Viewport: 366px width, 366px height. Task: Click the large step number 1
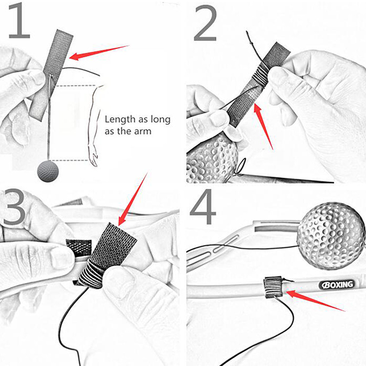[20, 20]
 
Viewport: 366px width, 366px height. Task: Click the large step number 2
[205, 23]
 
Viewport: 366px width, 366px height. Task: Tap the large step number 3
[14, 207]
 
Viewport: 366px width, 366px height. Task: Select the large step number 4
[203, 207]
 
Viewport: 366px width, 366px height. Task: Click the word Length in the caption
[120, 119]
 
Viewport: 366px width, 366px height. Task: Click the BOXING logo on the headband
[337, 285]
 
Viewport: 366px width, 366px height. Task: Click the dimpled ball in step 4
[331, 236]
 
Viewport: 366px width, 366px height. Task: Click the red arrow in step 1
[99, 53]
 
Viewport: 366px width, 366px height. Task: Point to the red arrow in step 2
[263, 126]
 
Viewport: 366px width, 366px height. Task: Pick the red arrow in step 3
[133, 199]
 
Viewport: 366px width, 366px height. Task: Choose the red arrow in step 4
[315, 301]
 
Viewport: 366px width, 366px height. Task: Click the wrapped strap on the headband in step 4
[273, 287]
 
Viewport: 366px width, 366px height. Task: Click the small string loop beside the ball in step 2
[242, 166]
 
